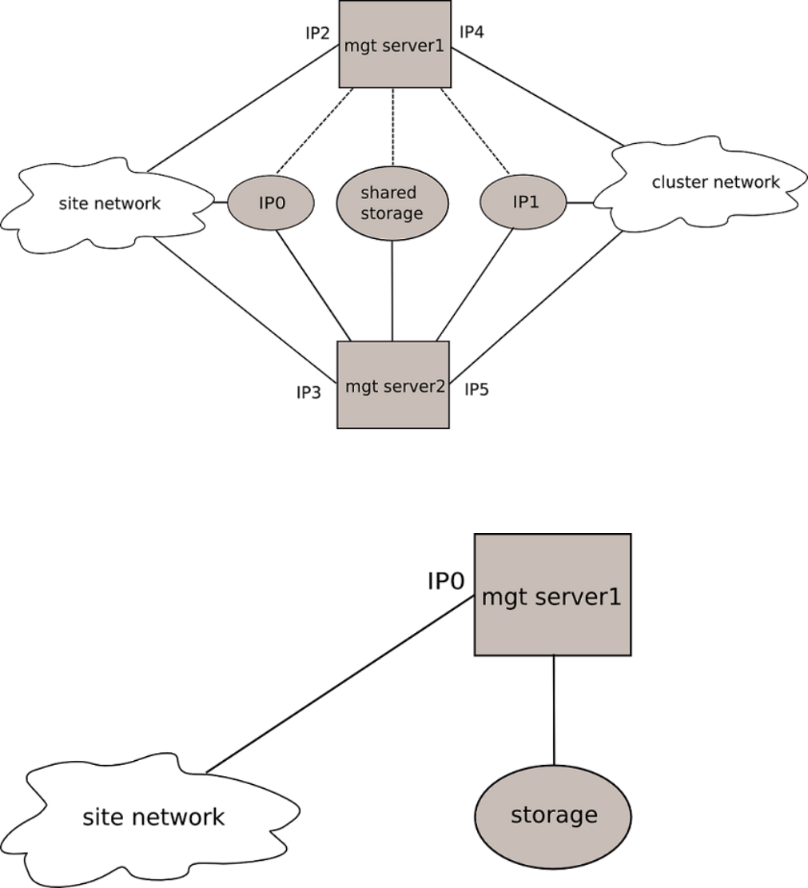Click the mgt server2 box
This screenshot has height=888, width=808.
(x=392, y=385)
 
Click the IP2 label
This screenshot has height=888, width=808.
(x=317, y=33)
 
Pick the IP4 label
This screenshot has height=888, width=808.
(x=471, y=33)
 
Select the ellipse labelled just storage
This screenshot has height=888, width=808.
(x=553, y=815)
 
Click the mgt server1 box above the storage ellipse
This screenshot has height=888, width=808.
(x=553, y=596)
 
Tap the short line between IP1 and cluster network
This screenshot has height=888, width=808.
(x=581, y=202)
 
